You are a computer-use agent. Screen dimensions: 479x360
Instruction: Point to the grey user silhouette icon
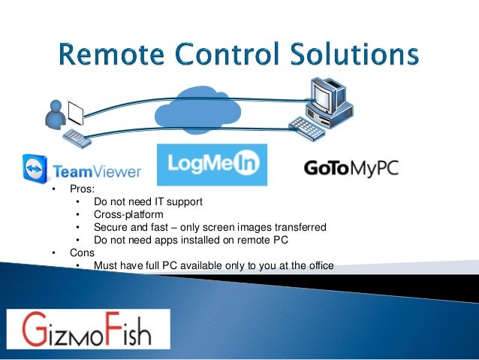point(54,115)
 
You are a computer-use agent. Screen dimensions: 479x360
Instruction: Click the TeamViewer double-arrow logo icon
point(35,169)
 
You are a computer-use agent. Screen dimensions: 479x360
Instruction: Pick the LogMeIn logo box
point(210,165)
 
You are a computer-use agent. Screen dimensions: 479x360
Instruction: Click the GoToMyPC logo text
point(351,167)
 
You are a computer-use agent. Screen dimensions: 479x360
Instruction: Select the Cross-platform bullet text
point(128,214)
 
